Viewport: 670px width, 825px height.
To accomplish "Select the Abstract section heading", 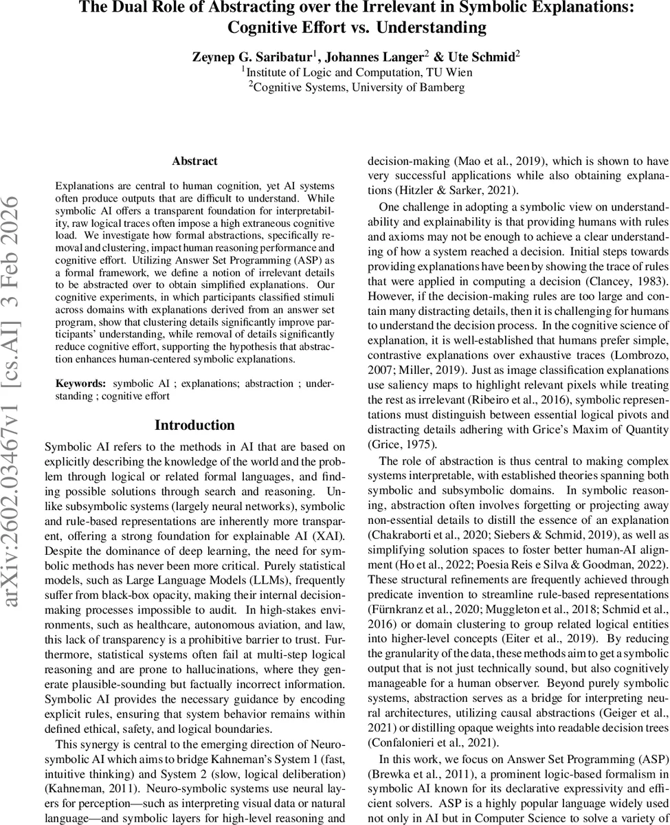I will tap(194, 161).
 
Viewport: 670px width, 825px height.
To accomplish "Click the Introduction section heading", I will tap(194, 425).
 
